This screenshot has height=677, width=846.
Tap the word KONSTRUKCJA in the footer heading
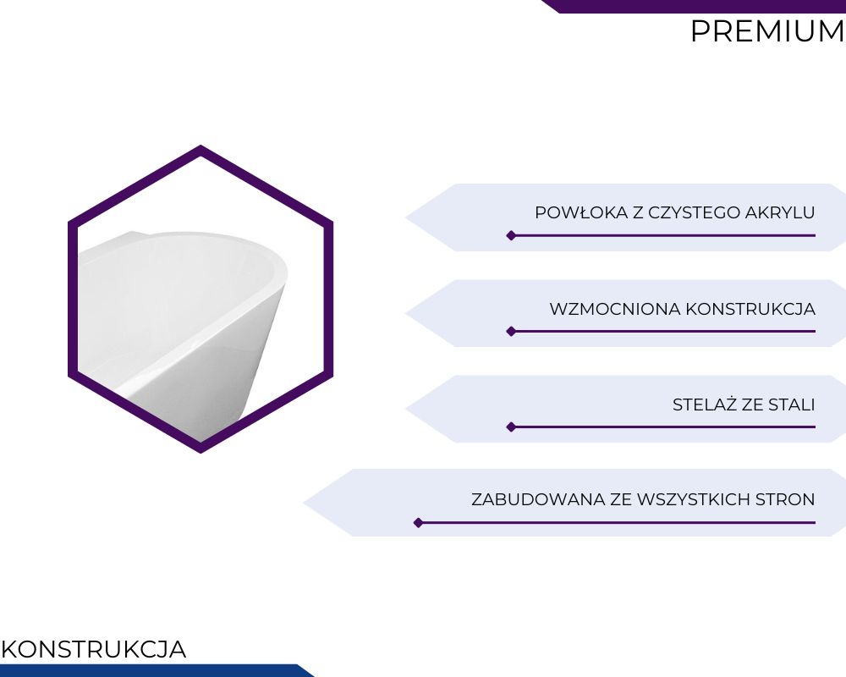(94, 649)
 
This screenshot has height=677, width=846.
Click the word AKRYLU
(780, 212)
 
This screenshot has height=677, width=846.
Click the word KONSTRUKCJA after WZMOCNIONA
(750, 309)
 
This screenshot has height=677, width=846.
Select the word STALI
(792, 405)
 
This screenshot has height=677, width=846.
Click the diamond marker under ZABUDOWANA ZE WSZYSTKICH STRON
(418, 523)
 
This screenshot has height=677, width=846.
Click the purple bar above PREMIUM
(694, 6)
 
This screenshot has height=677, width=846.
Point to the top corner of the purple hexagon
(201, 146)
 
